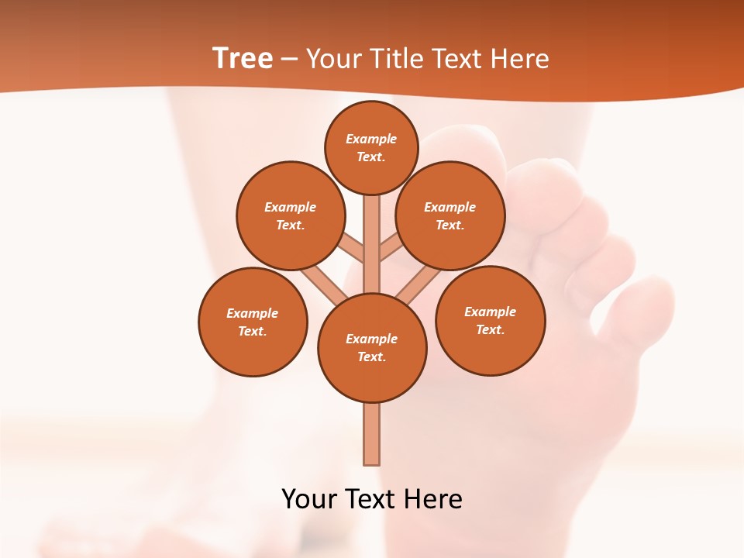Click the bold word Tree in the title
pyautogui.click(x=243, y=59)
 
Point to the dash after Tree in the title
pyautogui.click(x=289, y=60)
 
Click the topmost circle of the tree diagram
pyautogui.click(x=371, y=147)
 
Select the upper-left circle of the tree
pyautogui.click(x=290, y=215)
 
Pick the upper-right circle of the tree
pyautogui.click(x=450, y=215)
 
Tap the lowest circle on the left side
pyautogui.click(x=253, y=322)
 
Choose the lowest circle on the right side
pyautogui.click(x=491, y=320)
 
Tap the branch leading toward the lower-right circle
pyautogui.click(x=418, y=284)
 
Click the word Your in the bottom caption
pyautogui.click(x=308, y=499)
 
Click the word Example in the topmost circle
pyautogui.click(x=371, y=139)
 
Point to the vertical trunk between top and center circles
pyautogui.click(x=372, y=240)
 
